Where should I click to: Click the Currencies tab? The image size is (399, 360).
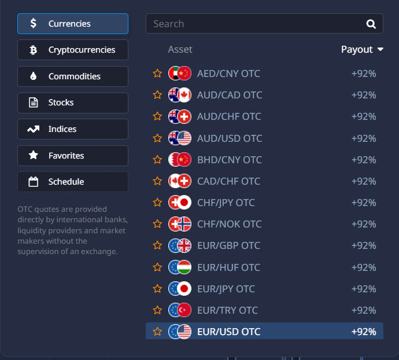pos(73,24)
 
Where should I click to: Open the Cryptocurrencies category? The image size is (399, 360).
pos(73,50)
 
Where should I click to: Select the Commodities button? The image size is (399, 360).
pos(73,76)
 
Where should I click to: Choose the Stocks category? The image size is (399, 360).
pos(73,102)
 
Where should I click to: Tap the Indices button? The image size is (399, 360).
pos(73,129)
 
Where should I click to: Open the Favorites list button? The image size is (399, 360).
pos(73,155)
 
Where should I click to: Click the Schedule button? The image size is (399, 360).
pos(73,182)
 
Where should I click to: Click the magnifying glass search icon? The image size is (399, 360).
pos(371,24)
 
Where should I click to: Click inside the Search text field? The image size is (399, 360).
pos(254,24)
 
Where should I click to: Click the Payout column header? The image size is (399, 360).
pos(362,49)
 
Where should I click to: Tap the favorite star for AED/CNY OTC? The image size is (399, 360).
pos(157,74)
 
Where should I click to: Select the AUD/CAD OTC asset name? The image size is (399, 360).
pos(229,95)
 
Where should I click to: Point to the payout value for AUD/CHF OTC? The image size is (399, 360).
pos(364,116)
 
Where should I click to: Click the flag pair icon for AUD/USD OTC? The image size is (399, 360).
pos(179,138)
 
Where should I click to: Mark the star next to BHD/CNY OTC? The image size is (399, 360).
pos(157,160)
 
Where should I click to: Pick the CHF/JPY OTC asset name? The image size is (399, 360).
pos(226,203)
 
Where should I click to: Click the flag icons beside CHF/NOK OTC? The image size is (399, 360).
pos(179,224)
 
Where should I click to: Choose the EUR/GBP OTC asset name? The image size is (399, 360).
pos(228,245)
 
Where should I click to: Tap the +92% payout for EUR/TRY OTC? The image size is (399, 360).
pos(364,310)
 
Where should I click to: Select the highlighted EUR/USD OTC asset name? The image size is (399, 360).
pos(228,332)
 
